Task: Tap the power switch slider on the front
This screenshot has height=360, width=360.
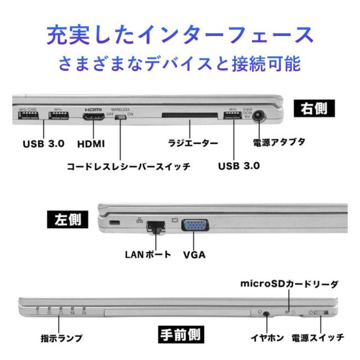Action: point(322,313)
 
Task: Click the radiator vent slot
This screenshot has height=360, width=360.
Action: point(187,117)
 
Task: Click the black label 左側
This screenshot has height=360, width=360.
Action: point(66,219)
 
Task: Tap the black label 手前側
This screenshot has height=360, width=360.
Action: point(179,335)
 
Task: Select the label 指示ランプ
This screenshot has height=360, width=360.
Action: point(61,338)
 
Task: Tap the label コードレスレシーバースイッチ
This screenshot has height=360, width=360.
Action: point(128,167)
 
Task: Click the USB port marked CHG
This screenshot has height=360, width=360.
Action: point(28,116)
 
